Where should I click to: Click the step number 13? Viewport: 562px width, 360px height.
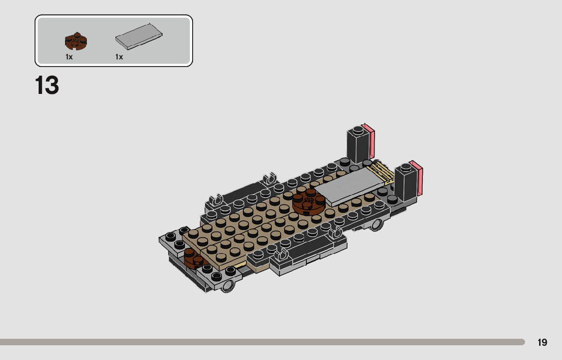47,85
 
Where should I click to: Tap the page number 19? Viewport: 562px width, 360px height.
542,342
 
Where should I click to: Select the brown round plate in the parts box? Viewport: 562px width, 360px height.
76,41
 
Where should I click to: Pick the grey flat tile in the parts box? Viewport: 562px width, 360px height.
139,37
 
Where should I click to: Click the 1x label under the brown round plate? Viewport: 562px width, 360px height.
69,57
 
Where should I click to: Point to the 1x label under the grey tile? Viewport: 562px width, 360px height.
119,57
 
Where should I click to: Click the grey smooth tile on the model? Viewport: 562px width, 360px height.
350,186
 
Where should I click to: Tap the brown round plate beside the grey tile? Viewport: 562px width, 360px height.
308,203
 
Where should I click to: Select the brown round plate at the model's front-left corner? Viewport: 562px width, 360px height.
194,258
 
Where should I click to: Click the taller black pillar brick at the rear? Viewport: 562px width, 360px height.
358,144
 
